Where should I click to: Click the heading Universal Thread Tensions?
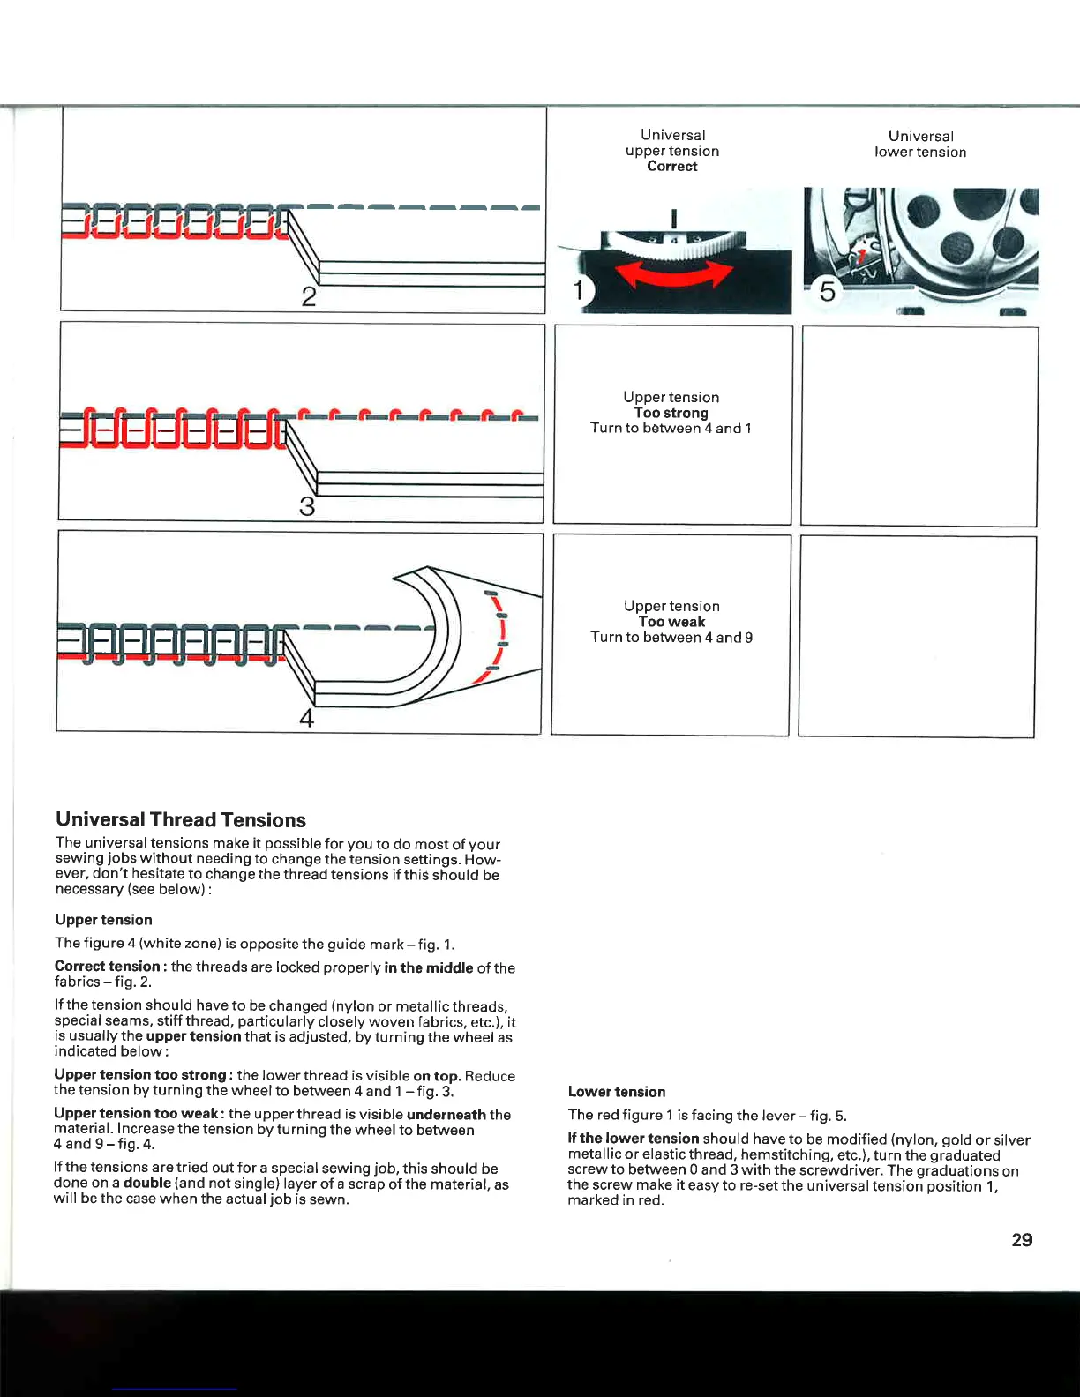180,820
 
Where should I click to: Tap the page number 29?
1022,1240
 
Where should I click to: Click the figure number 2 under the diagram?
308,296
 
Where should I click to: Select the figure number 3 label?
306,507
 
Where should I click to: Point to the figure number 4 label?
306,719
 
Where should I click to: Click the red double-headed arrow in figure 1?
674,274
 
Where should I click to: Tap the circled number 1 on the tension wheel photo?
580,290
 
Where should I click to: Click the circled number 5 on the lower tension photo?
827,290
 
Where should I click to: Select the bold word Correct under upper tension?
671,166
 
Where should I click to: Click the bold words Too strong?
671,413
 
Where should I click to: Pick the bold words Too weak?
671,622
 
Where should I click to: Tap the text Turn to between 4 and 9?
671,638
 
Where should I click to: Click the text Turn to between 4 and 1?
671,429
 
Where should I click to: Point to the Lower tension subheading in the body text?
617,1092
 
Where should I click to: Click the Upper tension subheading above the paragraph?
103,920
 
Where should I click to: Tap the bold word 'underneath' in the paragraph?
446,1115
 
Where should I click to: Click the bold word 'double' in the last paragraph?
146,1184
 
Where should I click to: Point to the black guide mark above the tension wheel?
673,218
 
